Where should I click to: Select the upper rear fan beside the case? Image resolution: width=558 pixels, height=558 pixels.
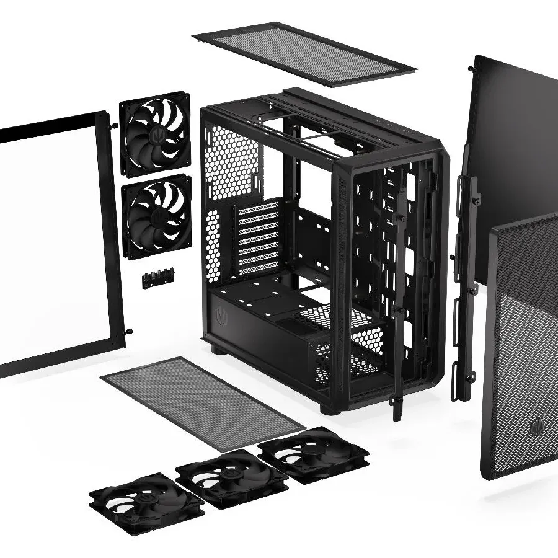point(155,133)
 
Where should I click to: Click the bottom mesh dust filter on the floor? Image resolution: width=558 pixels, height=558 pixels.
point(201,403)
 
